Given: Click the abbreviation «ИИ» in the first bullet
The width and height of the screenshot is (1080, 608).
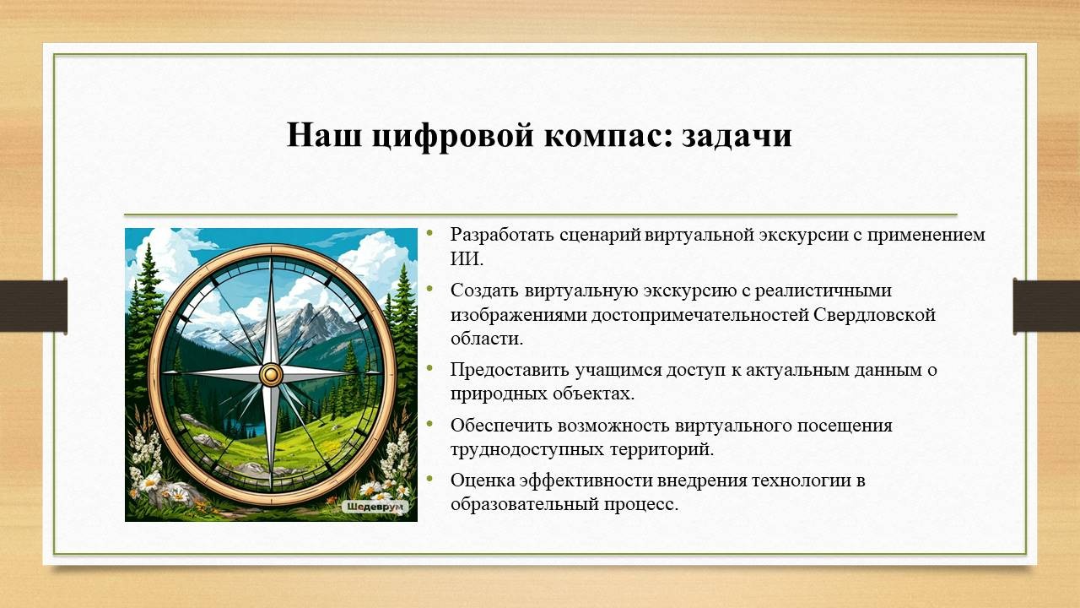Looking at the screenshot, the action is (x=466, y=259).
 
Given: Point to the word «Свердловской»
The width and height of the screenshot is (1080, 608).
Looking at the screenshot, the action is (x=874, y=315).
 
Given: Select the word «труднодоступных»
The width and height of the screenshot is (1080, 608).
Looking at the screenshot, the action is (x=527, y=450).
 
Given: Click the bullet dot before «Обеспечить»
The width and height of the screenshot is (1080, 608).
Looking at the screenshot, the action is (x=429, y=423).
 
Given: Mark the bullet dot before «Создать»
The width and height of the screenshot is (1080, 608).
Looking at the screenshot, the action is (x=429, y=288).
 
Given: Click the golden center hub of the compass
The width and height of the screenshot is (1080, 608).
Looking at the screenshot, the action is (x=271, y=374).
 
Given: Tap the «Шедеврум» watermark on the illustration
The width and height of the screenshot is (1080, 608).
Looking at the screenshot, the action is (x=375, y=507).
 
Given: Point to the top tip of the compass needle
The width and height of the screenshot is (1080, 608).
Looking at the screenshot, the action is (x=271, y=258).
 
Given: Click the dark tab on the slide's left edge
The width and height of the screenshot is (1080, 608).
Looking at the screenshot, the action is (x=33, y=306).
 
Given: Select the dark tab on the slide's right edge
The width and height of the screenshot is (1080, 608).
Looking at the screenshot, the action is (x=1046, y=306).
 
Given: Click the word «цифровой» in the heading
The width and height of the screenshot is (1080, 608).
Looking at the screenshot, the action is (x=453, y=136).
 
